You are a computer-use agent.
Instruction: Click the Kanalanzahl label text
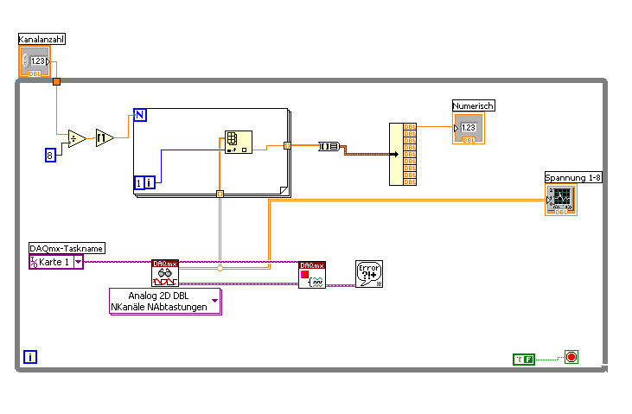pyautogui.click(x=42, y=39)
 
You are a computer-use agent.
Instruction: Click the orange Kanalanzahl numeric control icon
pyautogui.click(x=35, y=62)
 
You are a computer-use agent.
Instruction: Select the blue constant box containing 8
pyautogui.click(x=50, y=155)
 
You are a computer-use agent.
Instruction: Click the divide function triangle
pyautogui.click(x=76, y=138)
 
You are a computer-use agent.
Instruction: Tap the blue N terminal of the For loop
pyautogui.click(x=140, y=115)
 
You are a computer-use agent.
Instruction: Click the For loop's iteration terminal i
pyautogui.click(x=144, y=182)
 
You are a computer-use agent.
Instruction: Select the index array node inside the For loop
pyautogui.click(x=233, y=142)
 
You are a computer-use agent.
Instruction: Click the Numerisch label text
pyautogui.click(x=474, y=105)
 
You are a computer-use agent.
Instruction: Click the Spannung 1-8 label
pyautogui.click(x=571, y=177)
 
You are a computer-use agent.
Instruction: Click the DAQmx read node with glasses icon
pyautogui.click(x=164, y=274)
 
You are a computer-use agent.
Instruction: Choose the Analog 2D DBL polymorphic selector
pyautogui.click(x=164, y=302)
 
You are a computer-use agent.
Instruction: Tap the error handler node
pyautogui.click(x=368, y=274)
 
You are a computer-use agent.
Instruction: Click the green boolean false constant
pyautogui.click(x=524, y=358)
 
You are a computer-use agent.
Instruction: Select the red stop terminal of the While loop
pyautogui.click(x=571, y=356)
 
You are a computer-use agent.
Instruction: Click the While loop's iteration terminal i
pyautogui.click(x=30, y=356)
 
